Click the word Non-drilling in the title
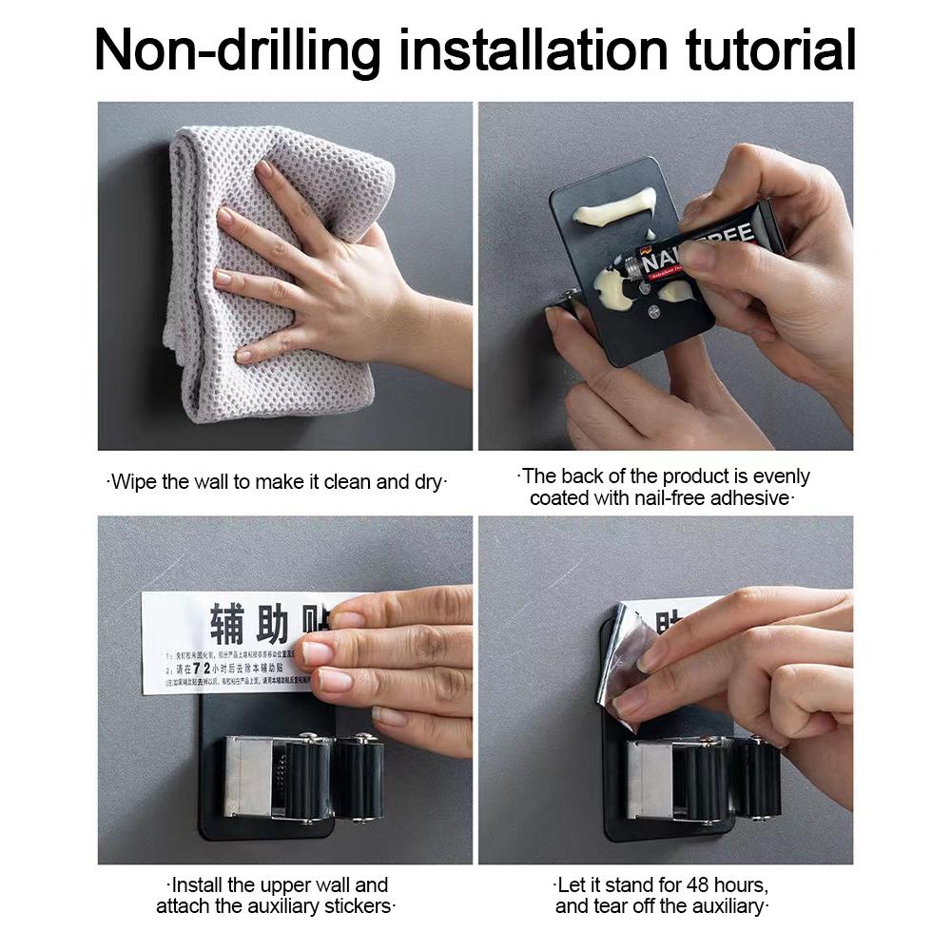238,49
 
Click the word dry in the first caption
428,482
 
